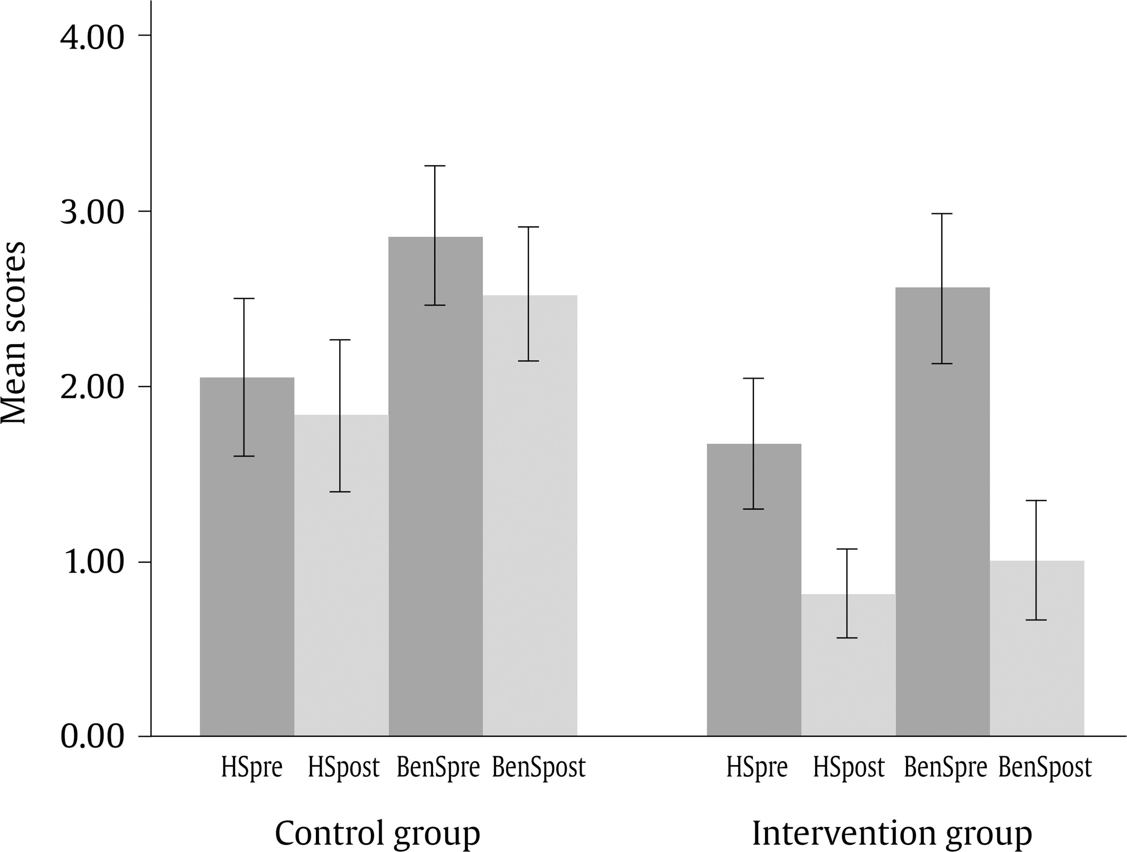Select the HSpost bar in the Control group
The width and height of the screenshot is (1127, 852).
[x=341, y=575]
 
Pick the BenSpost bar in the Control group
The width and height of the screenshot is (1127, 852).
[x=530, y=515]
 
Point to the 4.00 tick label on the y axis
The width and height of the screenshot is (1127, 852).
[x=92, y=37]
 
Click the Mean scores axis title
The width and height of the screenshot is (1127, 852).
[x=14, y=332]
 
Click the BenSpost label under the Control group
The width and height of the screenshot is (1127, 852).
[x=538, y=767]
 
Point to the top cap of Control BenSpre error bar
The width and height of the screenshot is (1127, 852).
[x=435, y=166]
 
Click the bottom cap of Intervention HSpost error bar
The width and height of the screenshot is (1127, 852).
[x=847, y=638]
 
